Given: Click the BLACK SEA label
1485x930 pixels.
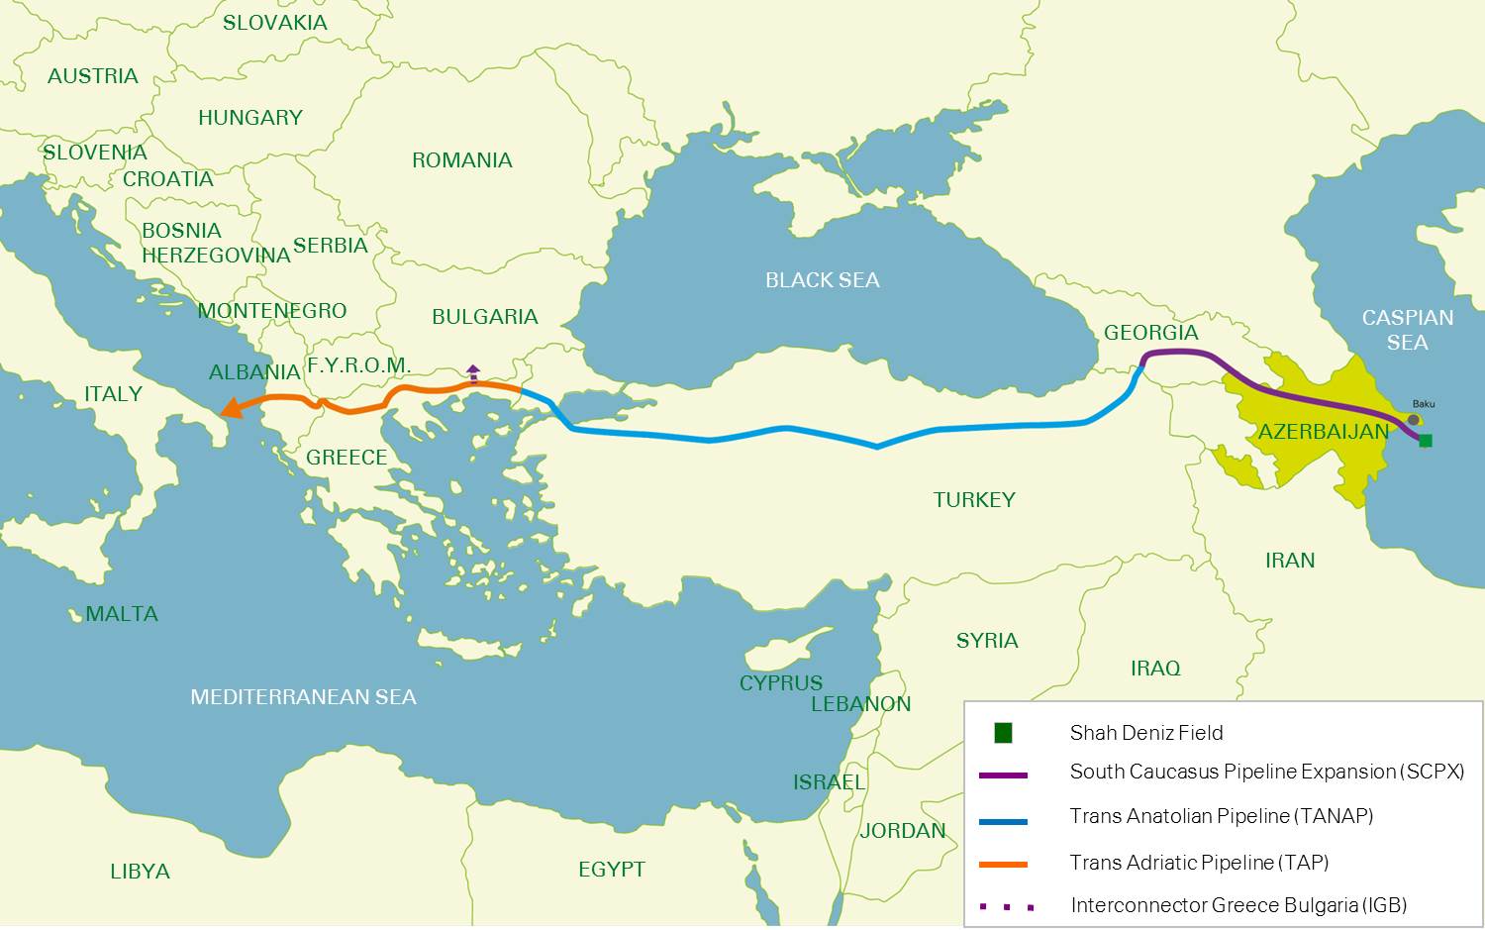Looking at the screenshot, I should point(822,280).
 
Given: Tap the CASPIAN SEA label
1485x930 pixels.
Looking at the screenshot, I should point(1407,330).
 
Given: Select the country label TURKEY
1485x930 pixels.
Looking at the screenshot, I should point(974,500).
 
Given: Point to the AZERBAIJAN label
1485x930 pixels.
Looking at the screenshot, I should point(1324,432).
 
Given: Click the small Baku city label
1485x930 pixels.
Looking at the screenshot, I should point(1424,404).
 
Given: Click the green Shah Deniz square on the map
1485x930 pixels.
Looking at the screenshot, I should point(1426,441).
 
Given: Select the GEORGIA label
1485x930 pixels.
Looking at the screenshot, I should point(1150,333).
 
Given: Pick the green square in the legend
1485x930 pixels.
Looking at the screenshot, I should point(1003,733).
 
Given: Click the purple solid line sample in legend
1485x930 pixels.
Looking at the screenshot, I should point(1003,775).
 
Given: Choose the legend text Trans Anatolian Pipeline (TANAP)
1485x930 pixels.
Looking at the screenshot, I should point(1221,816).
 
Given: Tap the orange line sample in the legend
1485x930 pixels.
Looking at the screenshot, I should point(1003,865).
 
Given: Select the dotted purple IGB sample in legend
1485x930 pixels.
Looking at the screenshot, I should point(1006,906).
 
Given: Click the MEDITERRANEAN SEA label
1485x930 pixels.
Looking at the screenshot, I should point(303,697).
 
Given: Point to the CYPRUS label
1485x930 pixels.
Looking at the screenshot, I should point(780,683).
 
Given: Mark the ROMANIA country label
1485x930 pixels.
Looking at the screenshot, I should point(461,160).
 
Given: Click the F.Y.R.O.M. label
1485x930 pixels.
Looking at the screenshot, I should point(358,365).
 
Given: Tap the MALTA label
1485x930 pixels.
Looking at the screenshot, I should point(121,614).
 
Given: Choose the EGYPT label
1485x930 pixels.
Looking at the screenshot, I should point(611,870).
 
